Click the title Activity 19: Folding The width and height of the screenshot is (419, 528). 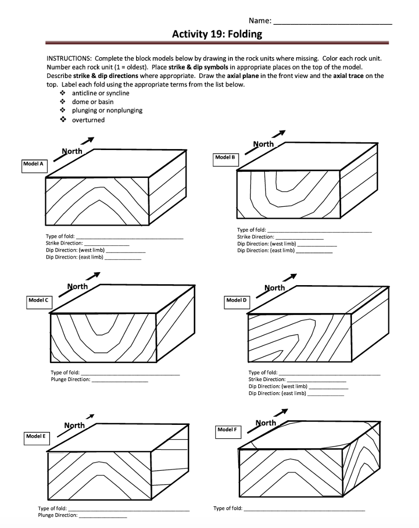click(216, 35)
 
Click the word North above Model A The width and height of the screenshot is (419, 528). click(72, 152)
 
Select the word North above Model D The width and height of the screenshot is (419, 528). click(274, 288)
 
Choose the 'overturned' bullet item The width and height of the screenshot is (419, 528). click(88, 120)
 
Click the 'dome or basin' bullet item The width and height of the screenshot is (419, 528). click(93, 102)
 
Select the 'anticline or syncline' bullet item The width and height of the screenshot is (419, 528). click(100, 93)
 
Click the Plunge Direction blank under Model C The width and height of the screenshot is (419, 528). click(120, 380)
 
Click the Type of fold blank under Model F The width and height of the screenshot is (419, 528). click(304, 508)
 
